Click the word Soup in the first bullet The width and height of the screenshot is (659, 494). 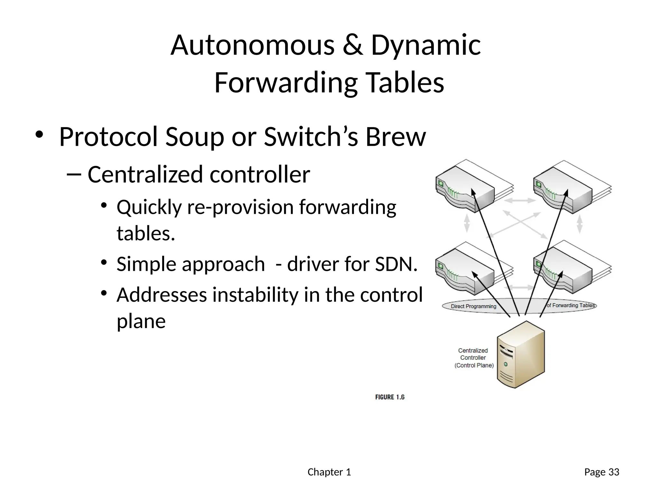[x=194, y=137]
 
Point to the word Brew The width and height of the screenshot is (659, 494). [x=395, y=137]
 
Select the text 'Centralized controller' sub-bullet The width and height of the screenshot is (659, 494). [x=199, y=175]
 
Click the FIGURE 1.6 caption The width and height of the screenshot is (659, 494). [x=390, y=397]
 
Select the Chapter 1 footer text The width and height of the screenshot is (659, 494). [x=329, y=472]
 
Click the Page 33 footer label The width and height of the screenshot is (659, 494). [x=602, y=472]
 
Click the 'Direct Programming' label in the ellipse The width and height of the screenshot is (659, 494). [x=473, y=306]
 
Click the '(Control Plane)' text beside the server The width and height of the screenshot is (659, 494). [x=474, y=365]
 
